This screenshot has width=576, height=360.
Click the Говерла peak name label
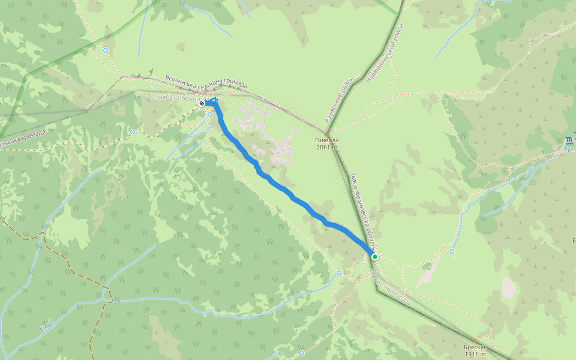coord(326,141)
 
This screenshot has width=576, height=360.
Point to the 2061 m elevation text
coord(326,148)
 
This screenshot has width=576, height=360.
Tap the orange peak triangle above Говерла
coord(327,134)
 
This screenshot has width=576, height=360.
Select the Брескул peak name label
coord(474,347)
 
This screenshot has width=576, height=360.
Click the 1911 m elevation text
coord(474,354)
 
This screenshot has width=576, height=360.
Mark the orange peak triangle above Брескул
coord(474,341)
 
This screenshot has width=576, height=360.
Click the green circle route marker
coord(375,256)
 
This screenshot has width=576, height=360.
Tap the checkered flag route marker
coord(202,103)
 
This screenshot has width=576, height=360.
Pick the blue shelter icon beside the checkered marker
coord(214,101)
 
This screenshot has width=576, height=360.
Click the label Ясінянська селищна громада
coord(206,82)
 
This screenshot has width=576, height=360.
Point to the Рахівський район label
coord(339,99)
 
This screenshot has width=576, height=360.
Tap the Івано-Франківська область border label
coord(364,213)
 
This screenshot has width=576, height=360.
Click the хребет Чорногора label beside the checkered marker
coord(180,98)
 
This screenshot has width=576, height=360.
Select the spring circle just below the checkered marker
coord(210,115)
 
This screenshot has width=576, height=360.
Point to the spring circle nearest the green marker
coord(339,273)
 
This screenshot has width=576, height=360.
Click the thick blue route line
coord(288,192)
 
